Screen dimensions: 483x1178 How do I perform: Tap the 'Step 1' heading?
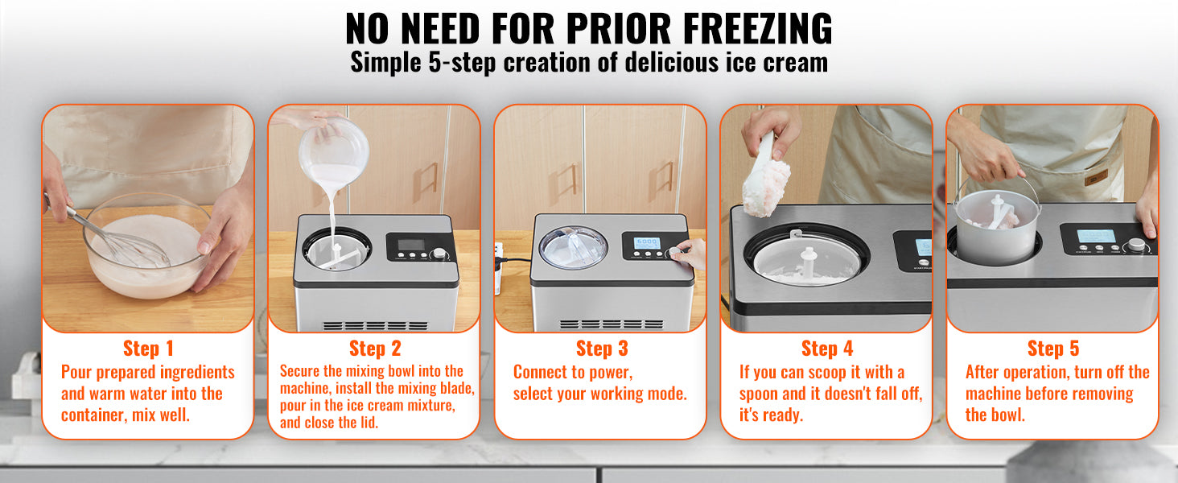(x=147, y=349)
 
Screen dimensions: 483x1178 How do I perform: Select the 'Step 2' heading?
(x=374, y=349)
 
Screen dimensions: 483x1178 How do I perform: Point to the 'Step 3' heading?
(x=601, y=349)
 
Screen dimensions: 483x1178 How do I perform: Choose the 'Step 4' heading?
(x=826, y=349)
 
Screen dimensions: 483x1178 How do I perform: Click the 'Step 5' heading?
(x=1052, y=349)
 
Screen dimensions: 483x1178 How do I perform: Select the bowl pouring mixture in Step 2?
(x=334, y=153)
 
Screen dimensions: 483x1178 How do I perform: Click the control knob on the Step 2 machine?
(x=440, y=254)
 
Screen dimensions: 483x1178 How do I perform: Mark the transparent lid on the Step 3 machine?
(x=573, y=247)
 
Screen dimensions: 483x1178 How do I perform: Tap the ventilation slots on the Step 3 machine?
(x=611, y=324)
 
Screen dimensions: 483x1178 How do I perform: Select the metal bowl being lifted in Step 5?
(x=998, y=229)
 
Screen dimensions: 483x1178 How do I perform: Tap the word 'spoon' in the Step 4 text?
(x=760, y=394)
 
